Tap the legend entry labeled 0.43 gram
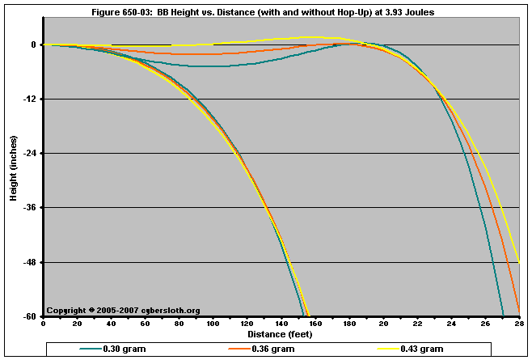(x=421, y=349)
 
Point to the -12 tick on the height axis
(x=31, y=100)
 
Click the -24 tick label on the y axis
(x=31, y=154)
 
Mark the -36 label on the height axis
(x=31, y=208)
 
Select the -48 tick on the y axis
(x=31, y=263)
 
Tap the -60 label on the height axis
(x=31, y=316)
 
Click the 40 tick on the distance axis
(x=111, y=324)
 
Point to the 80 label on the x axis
(x=179, y=324)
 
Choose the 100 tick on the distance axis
(x=213, y=324)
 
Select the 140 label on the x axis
(x=281, y=324)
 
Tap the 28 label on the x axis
(x=517, y=324)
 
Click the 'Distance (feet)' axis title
(x=280, y=334)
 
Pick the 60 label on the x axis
(x=145, y=324)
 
